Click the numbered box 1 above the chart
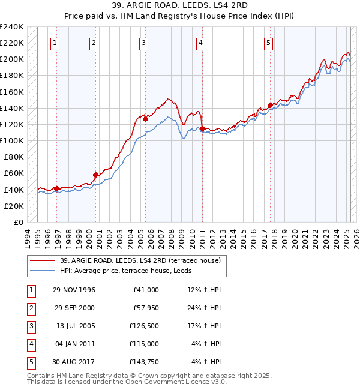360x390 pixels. (55, 43)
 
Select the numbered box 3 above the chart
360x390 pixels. (144, 43)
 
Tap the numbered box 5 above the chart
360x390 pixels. (268, 43)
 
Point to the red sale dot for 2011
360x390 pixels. (202, 128)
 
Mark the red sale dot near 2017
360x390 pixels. (270, 105)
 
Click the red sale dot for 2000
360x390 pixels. (95, 175)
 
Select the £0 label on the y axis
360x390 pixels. (18, 222)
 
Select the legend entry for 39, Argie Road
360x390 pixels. (140, 260)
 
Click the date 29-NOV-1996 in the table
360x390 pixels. (74, 290)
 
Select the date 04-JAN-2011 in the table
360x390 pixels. (74, 344)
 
